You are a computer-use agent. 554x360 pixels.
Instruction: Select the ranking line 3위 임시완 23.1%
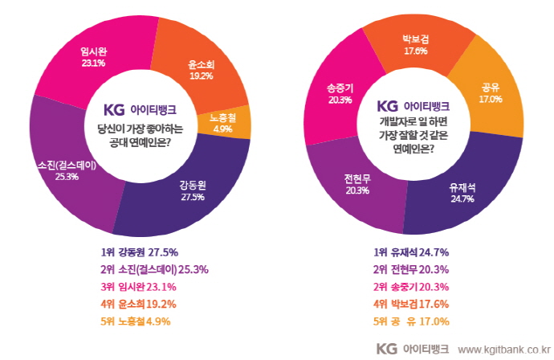[x=136, y=286]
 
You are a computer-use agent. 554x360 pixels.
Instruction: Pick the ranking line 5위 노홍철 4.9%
[x=136, y=321]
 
